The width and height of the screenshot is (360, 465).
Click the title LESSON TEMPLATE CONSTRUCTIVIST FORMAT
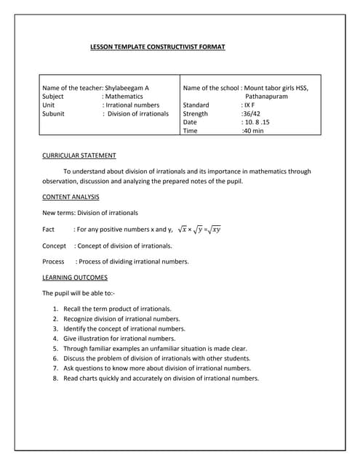click(x=157, y=47)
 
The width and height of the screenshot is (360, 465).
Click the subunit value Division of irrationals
click(x=138, y=114)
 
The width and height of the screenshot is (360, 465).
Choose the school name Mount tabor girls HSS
click(x=276, y=88)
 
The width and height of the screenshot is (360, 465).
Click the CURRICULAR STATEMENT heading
click(x=79, y=155)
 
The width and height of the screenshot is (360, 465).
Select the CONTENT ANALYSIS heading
click(x=71, y=197)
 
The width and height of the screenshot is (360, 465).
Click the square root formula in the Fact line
click(x=199, y=230)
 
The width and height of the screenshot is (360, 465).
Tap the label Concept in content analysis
click(x=55, y=246)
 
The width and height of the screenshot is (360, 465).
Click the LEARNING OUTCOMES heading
click(x=75, y=278)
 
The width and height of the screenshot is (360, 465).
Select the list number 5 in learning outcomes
click(x=55, y=349)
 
